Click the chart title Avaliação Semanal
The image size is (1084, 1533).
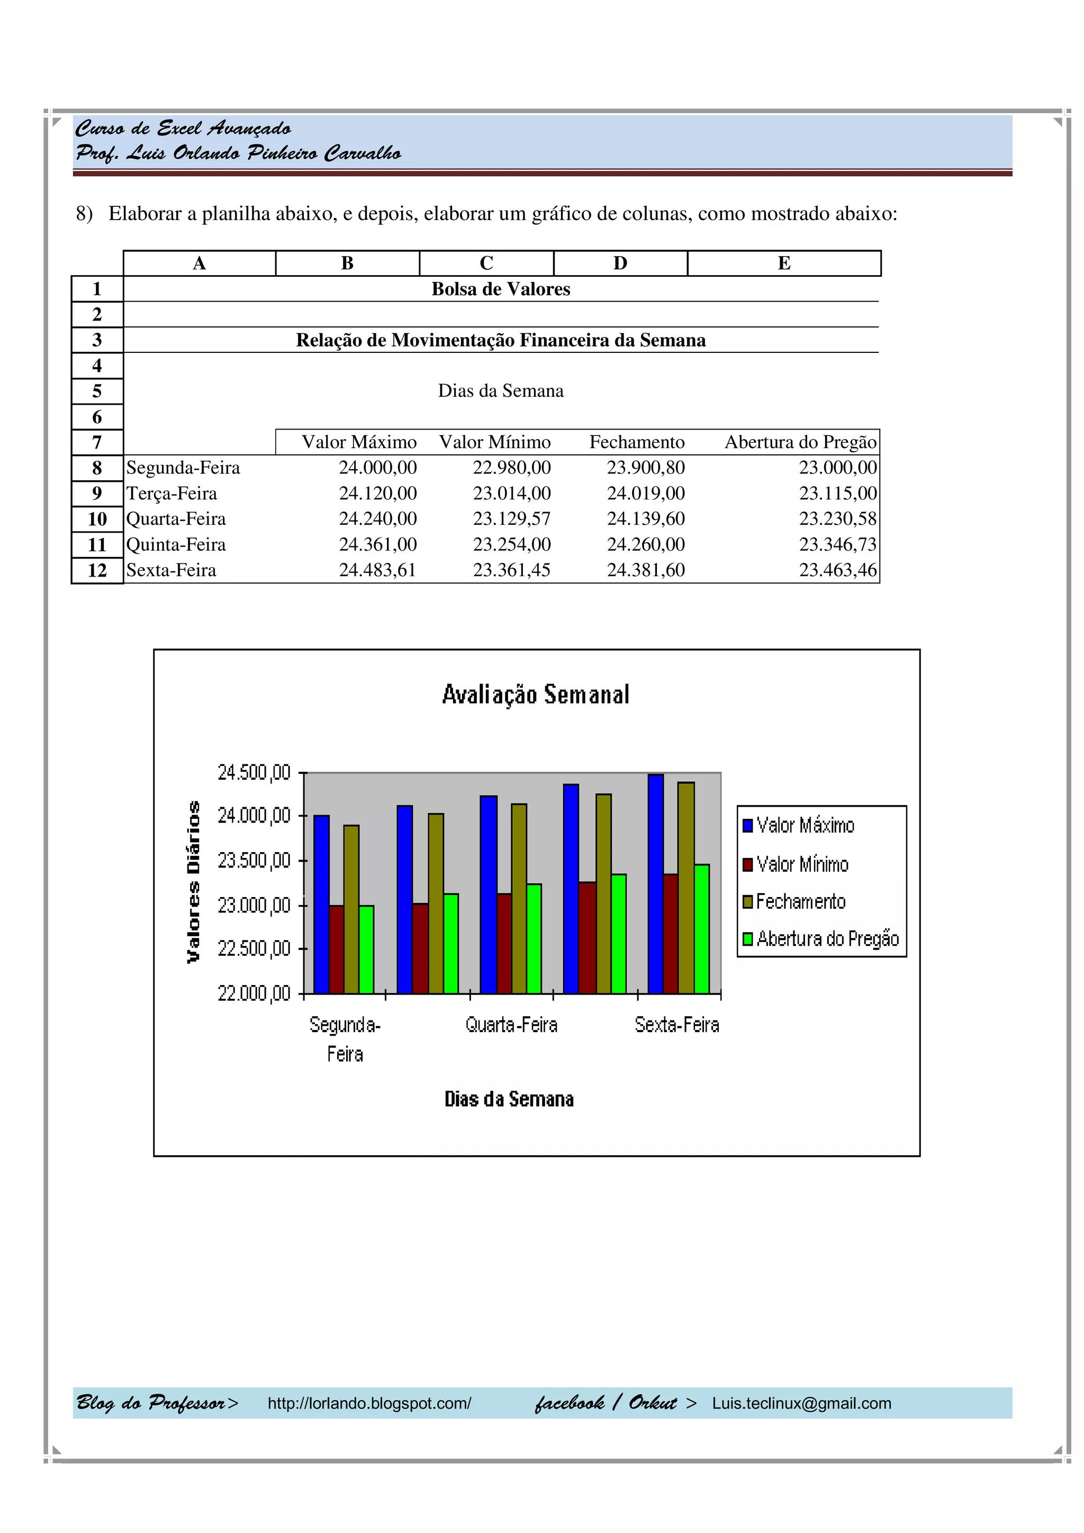[535, 695]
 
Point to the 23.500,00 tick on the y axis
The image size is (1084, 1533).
[254, 861]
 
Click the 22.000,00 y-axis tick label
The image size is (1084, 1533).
[254, 993]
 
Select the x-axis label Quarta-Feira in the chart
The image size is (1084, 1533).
[511, 1025]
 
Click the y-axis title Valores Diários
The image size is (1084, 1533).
[194, 881]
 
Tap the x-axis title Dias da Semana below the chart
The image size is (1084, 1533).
[509, 1100]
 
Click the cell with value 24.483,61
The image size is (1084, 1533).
[377, 570]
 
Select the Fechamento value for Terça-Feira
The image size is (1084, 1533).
[645, 494]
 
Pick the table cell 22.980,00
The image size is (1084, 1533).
[512, 468]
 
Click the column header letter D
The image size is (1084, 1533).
[620, 263]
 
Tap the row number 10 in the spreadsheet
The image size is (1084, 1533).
[97, 519]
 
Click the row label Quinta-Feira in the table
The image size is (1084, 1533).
[176, 545]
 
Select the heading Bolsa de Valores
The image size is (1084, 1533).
[500, 289]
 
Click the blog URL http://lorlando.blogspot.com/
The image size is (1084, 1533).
[369, 1403]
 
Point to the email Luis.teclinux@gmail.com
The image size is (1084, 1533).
[801, 1403]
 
